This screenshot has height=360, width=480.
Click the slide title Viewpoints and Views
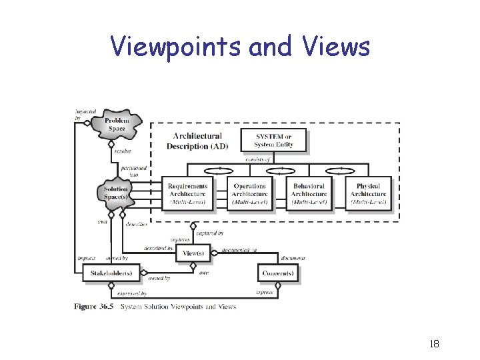(x=240, y=47)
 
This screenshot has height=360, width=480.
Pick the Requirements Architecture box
(x=187, y=194)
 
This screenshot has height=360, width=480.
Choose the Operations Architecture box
(x=249, y=194)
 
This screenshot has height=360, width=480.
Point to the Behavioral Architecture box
(x=308, y=194)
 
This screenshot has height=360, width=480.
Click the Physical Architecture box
(x=368, y=194)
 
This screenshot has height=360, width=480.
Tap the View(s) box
(x=193, y=253)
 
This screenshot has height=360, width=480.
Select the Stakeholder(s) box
(x=107, y=273)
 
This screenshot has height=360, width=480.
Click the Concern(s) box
(x=277, y=273)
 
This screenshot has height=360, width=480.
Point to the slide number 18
(x=434, y=344)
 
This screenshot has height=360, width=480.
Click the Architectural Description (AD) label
(x=197, y=141)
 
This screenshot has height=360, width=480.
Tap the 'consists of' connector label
(x=257, y=159)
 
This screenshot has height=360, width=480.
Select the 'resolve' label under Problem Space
(x=123, y=151)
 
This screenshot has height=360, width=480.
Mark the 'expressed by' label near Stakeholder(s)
(x=132, y=293)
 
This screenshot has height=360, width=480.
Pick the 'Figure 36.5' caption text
(x=92, y=307)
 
